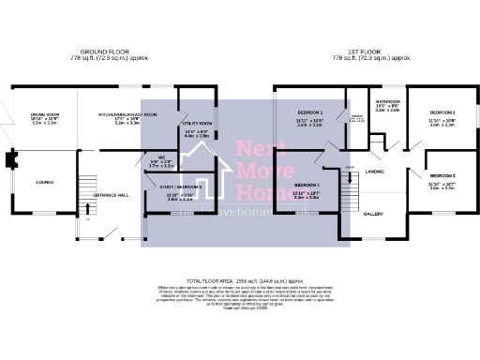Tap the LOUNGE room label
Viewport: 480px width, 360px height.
[44, 183]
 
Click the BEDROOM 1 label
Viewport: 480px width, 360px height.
[308, 112]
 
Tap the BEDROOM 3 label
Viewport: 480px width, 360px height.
[442, 175]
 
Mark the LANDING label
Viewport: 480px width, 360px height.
[374, 172]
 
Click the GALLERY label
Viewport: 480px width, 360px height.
[373, 213]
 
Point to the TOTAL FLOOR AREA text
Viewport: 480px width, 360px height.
[239, 281]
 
